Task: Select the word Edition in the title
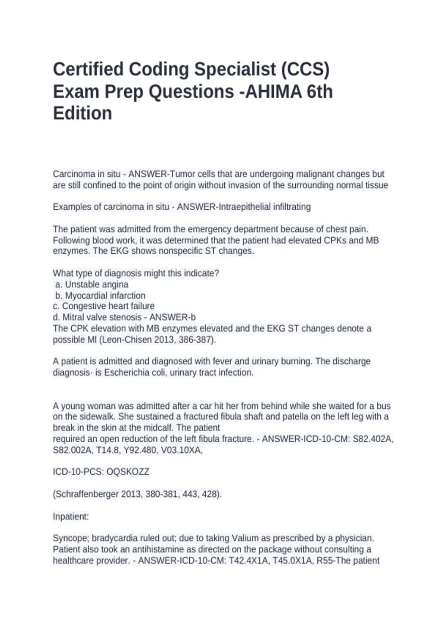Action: (x=83, y=113)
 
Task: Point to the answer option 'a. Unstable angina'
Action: (x=91, y=284)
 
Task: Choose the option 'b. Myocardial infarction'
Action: (x=100, y=295)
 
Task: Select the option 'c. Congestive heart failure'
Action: (x=103, y=306)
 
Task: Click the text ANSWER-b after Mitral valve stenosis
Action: (x=172, y=317)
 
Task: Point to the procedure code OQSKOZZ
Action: (x=128, y=472)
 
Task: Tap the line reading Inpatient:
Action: (x=71, y=517)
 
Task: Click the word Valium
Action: (x=245, y=538)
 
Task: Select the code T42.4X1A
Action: (x=248, y=561)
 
